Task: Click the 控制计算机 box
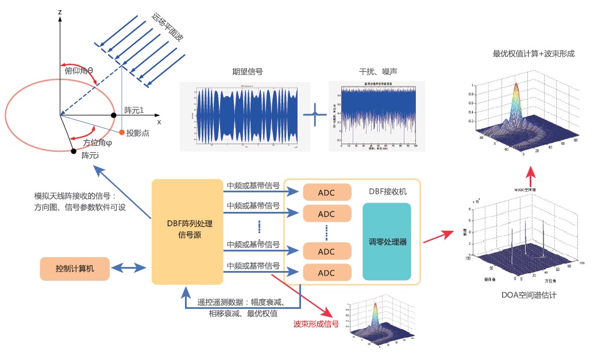tap(75, 269)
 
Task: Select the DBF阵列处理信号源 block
tap(187, 231)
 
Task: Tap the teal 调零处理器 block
tap(387, 242)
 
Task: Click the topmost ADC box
tap(326, 192)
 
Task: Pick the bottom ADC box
tap(326, 272)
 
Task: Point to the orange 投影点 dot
tap(122, 133)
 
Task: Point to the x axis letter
tap(159, 122)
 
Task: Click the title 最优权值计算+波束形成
tap(534, 54)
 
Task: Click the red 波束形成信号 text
tap(316, 324)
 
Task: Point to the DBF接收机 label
tap(393, 191)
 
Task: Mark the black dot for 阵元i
tap(73, 151)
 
